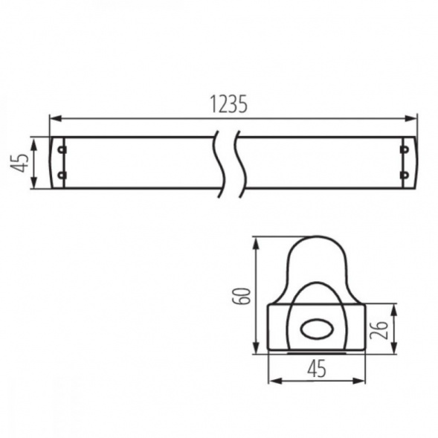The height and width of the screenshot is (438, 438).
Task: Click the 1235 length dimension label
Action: click(228, 104)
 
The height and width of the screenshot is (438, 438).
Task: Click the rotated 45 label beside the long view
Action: click(19, 163)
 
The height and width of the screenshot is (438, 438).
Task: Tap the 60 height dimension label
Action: click(241, 296)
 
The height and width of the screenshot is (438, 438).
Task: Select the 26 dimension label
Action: click(379, 330)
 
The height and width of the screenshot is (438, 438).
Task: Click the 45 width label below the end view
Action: click(317, 368)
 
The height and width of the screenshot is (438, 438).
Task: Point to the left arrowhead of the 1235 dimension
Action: click(56, 118)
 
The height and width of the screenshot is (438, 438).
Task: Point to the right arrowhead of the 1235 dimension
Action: click(410, 118)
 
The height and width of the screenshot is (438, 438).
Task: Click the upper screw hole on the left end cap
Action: click(61, 149)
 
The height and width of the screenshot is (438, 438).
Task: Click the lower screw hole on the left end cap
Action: click(61, 175)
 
